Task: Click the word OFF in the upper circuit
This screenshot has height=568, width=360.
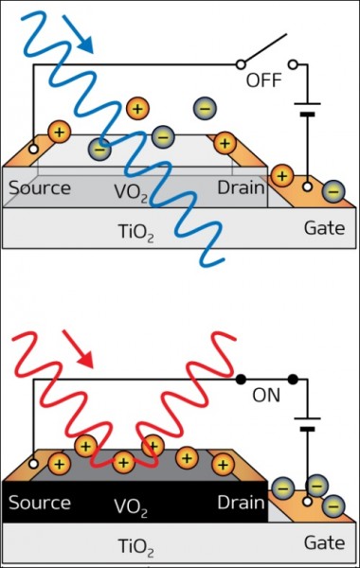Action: coord(264,80)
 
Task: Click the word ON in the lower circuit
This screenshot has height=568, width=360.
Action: coord(266,395)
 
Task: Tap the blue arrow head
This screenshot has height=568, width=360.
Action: coord(86,45)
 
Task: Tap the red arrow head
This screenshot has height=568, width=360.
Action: coord(86,360)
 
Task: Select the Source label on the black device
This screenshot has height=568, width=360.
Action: coord(40,503)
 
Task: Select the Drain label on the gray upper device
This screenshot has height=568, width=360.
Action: coord(241,187)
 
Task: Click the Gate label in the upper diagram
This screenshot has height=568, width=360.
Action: coord(324,228)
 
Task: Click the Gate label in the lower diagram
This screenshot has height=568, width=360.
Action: coord(324,543)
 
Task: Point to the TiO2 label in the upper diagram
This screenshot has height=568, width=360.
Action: coord(136,232)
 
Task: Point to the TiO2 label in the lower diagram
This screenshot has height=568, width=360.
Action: coord(136,547)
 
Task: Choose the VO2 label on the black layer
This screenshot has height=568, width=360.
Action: coord(131,507)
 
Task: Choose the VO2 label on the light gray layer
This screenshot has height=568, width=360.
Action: coord(131,192)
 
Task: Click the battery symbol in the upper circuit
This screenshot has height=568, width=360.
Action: coord(308,110)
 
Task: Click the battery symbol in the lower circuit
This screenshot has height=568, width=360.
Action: coord(308,424)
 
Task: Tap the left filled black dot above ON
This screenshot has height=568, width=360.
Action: coord(241,380)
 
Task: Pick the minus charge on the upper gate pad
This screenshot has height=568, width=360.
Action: coord(333,191)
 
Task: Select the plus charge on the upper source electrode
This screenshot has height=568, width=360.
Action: coord(60,132)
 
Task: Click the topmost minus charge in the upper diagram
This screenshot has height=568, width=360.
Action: coord(205,108)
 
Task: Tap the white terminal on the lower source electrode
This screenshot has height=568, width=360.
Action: coord(33,464)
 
